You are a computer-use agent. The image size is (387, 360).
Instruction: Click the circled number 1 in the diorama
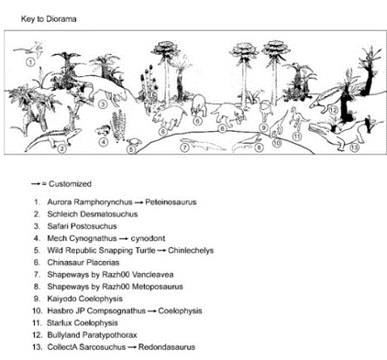click(x=30, y=62)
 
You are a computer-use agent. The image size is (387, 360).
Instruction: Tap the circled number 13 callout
click(x=354, y=147)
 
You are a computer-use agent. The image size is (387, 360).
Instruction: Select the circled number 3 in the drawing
click(x=103, y=104)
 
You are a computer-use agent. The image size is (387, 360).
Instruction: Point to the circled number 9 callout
click(x=263, y=127)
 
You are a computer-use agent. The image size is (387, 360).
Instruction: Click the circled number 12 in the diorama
click(x=333, y=110)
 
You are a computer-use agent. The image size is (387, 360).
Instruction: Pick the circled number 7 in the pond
click(x=184, y=147)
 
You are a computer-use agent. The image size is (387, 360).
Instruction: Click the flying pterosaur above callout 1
click(x=30, y=49)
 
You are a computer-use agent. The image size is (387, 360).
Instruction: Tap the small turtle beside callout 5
click(x=134, y=142)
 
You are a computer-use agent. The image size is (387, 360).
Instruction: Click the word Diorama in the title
click(x=61, y=19)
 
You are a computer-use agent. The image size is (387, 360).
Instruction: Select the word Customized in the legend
click(x=70, y=184)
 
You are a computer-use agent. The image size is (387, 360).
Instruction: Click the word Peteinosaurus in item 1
click(x=171, y=202)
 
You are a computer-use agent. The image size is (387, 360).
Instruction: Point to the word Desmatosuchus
click(x=108, y=214)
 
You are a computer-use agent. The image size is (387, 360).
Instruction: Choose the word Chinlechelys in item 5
click(x=191, y=250)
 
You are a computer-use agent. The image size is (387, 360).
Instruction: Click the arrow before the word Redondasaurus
click(x=132, y=347)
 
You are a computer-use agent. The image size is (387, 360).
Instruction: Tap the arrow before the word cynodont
click(x=124, y=239)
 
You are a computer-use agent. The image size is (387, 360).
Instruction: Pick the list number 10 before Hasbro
click(x=37, y=311)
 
